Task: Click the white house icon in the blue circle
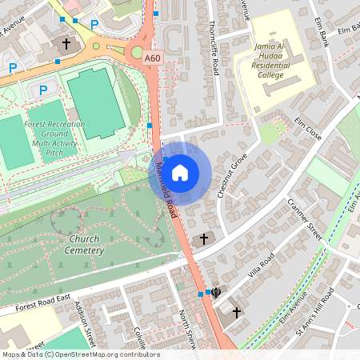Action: [180, 172]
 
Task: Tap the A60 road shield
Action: [154, 58]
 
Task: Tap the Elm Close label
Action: [307, 129]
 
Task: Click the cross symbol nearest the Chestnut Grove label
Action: [203, 238]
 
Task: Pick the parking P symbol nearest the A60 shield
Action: [94, 26]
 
